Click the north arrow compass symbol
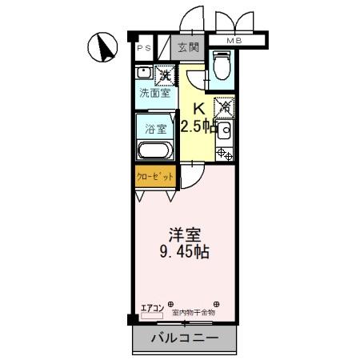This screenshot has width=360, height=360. click(x=102, y=47)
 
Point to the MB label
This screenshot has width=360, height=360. click(x=234, y=41)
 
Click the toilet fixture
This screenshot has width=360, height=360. click(x=222, y=63)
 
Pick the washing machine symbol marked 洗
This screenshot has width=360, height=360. click(x=164, y=75)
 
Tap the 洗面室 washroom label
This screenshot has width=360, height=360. click(x=154, y=93)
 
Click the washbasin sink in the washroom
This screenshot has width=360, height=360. click(x=144, y=73)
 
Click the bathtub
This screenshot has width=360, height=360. click(x=154, y=150)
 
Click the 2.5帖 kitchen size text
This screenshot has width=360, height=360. click(x=198, y=126)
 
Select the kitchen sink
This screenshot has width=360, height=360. click(x=225, y=130)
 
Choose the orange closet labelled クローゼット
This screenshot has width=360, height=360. click(x=154, y=176)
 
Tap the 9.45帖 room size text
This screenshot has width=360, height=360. click(x=184, y=253)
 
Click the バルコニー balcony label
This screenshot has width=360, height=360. click(x=185, y=338)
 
